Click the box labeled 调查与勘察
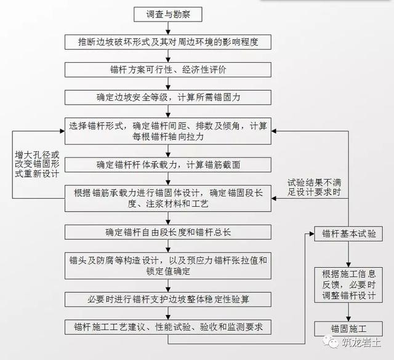click(x=168, y=14)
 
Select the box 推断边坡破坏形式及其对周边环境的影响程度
click(x=168, y=42)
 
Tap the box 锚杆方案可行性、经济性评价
click(x=168, y=70)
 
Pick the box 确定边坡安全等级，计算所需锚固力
click(x=168, y=97)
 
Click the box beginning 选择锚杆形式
click(x=168, y=131)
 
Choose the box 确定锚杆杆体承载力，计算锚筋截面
click(x=168, y=165)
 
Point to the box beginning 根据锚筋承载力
click(x=168, y=199)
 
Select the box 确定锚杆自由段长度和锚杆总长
click(x=168, y=232)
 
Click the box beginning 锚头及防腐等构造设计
click(x=168, y=266)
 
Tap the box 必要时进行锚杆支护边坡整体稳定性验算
click(x=168, y=300)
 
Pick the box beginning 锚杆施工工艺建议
click(x=168, y=327)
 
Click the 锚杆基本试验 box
click(x=348, y=234)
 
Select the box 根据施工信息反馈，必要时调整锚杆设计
click(x=348, y=285)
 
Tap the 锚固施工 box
click(x=348, y=329)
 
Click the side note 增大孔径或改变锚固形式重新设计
click(x=37, y=164)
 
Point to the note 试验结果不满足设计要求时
click(x=314, y=187)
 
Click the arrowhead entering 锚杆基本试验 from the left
click(x=312, y=234)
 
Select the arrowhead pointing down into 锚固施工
click(x=348, y=319)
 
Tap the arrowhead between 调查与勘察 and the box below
click(x=168, y=32)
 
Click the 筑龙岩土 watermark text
click(x=361, y=342)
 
